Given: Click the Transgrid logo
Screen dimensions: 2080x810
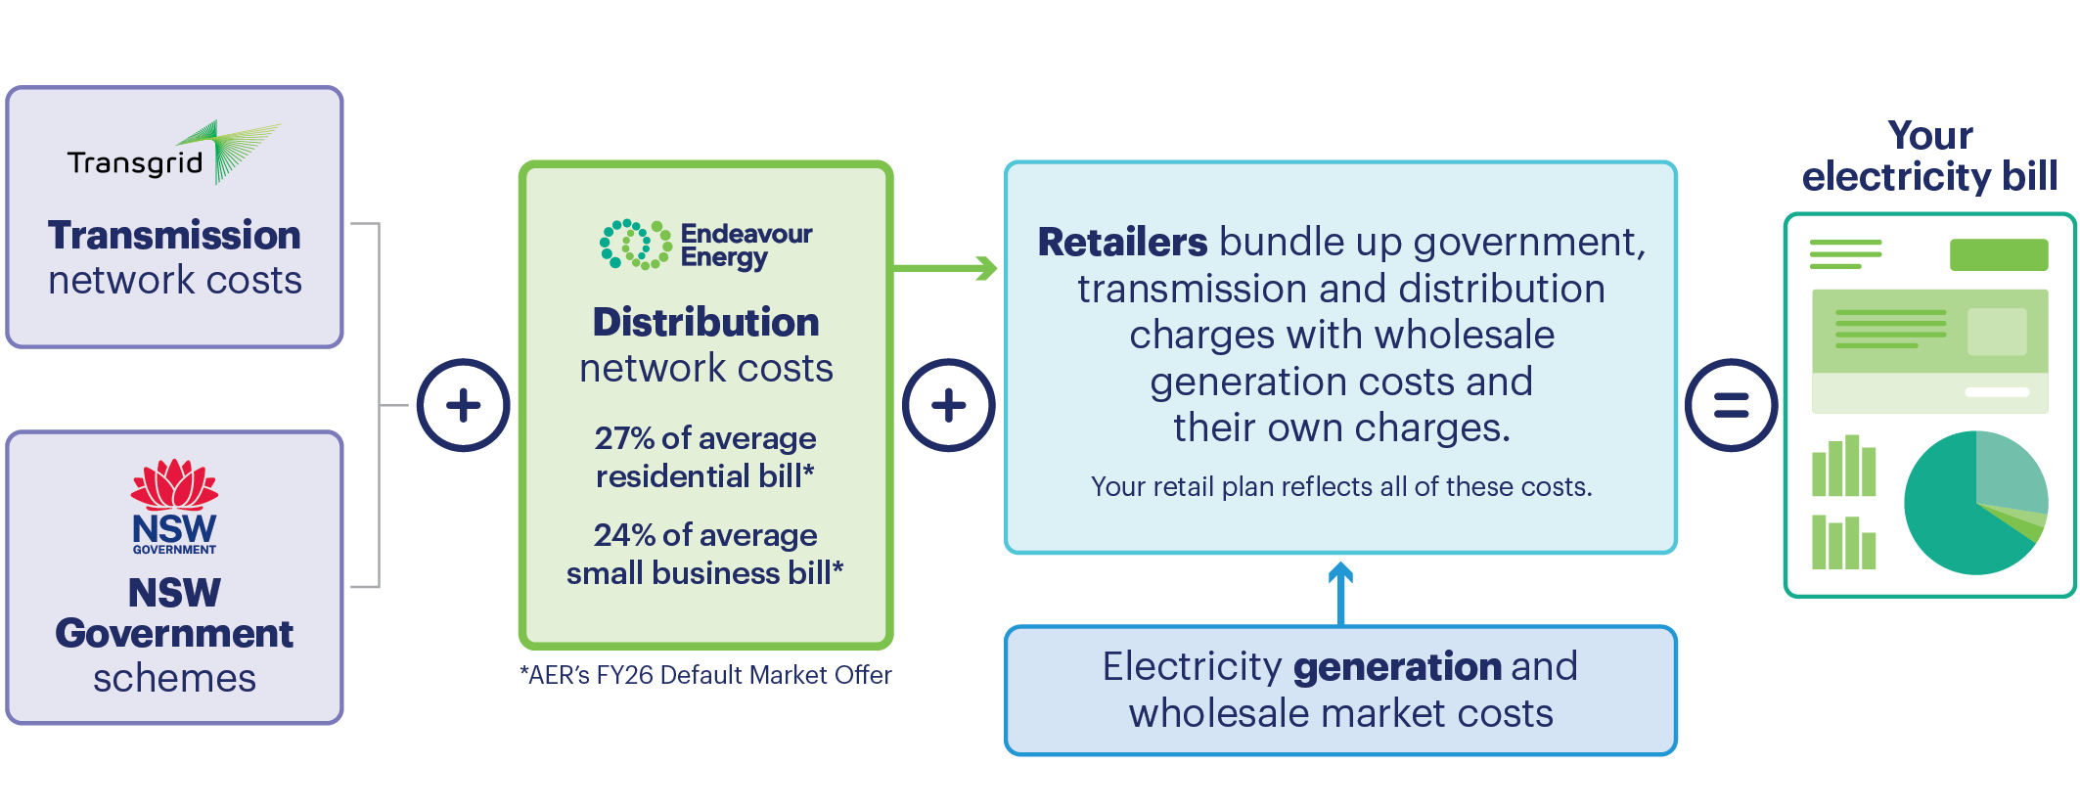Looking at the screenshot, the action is [173, 153].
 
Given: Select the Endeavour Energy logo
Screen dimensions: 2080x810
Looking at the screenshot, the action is [705, 245].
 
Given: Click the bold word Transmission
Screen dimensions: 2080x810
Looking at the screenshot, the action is [174, 235].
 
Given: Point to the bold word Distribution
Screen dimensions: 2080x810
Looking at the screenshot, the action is [705, 322].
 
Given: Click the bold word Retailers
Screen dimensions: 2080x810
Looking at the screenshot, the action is [1122, 242].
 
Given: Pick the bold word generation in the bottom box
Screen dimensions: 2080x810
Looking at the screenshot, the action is [1397, 668].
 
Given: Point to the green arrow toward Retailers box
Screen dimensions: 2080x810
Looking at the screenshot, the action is [945, 268].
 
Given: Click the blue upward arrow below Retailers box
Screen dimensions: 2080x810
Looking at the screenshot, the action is [1340, 594].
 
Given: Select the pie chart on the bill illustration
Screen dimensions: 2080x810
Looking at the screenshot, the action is [1975, 503].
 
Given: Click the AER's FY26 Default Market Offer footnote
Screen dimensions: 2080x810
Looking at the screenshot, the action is [705, 675].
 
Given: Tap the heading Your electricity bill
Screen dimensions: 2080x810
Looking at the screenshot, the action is [1930, 156].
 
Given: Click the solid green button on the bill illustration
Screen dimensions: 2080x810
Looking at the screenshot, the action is [1999, 254].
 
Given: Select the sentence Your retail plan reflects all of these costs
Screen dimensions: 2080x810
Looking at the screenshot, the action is [1341, 486].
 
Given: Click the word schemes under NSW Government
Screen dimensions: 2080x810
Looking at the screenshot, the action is [174, 678].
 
